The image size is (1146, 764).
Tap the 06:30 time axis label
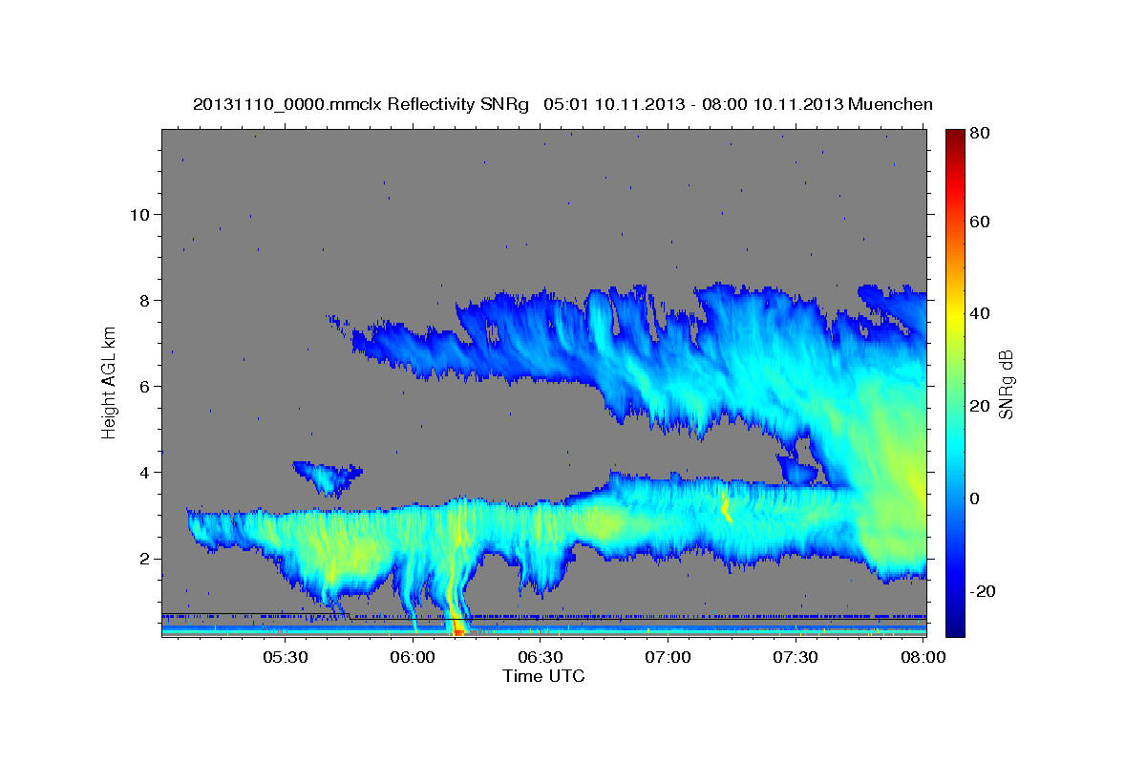point(541,658)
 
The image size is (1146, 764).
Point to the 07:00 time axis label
point(668,658)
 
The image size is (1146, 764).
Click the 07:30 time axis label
point(796,658)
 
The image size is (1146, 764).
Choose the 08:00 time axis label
point(923,658)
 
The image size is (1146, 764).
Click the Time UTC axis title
point(543,676)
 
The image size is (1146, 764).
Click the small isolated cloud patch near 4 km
point(326,475)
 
